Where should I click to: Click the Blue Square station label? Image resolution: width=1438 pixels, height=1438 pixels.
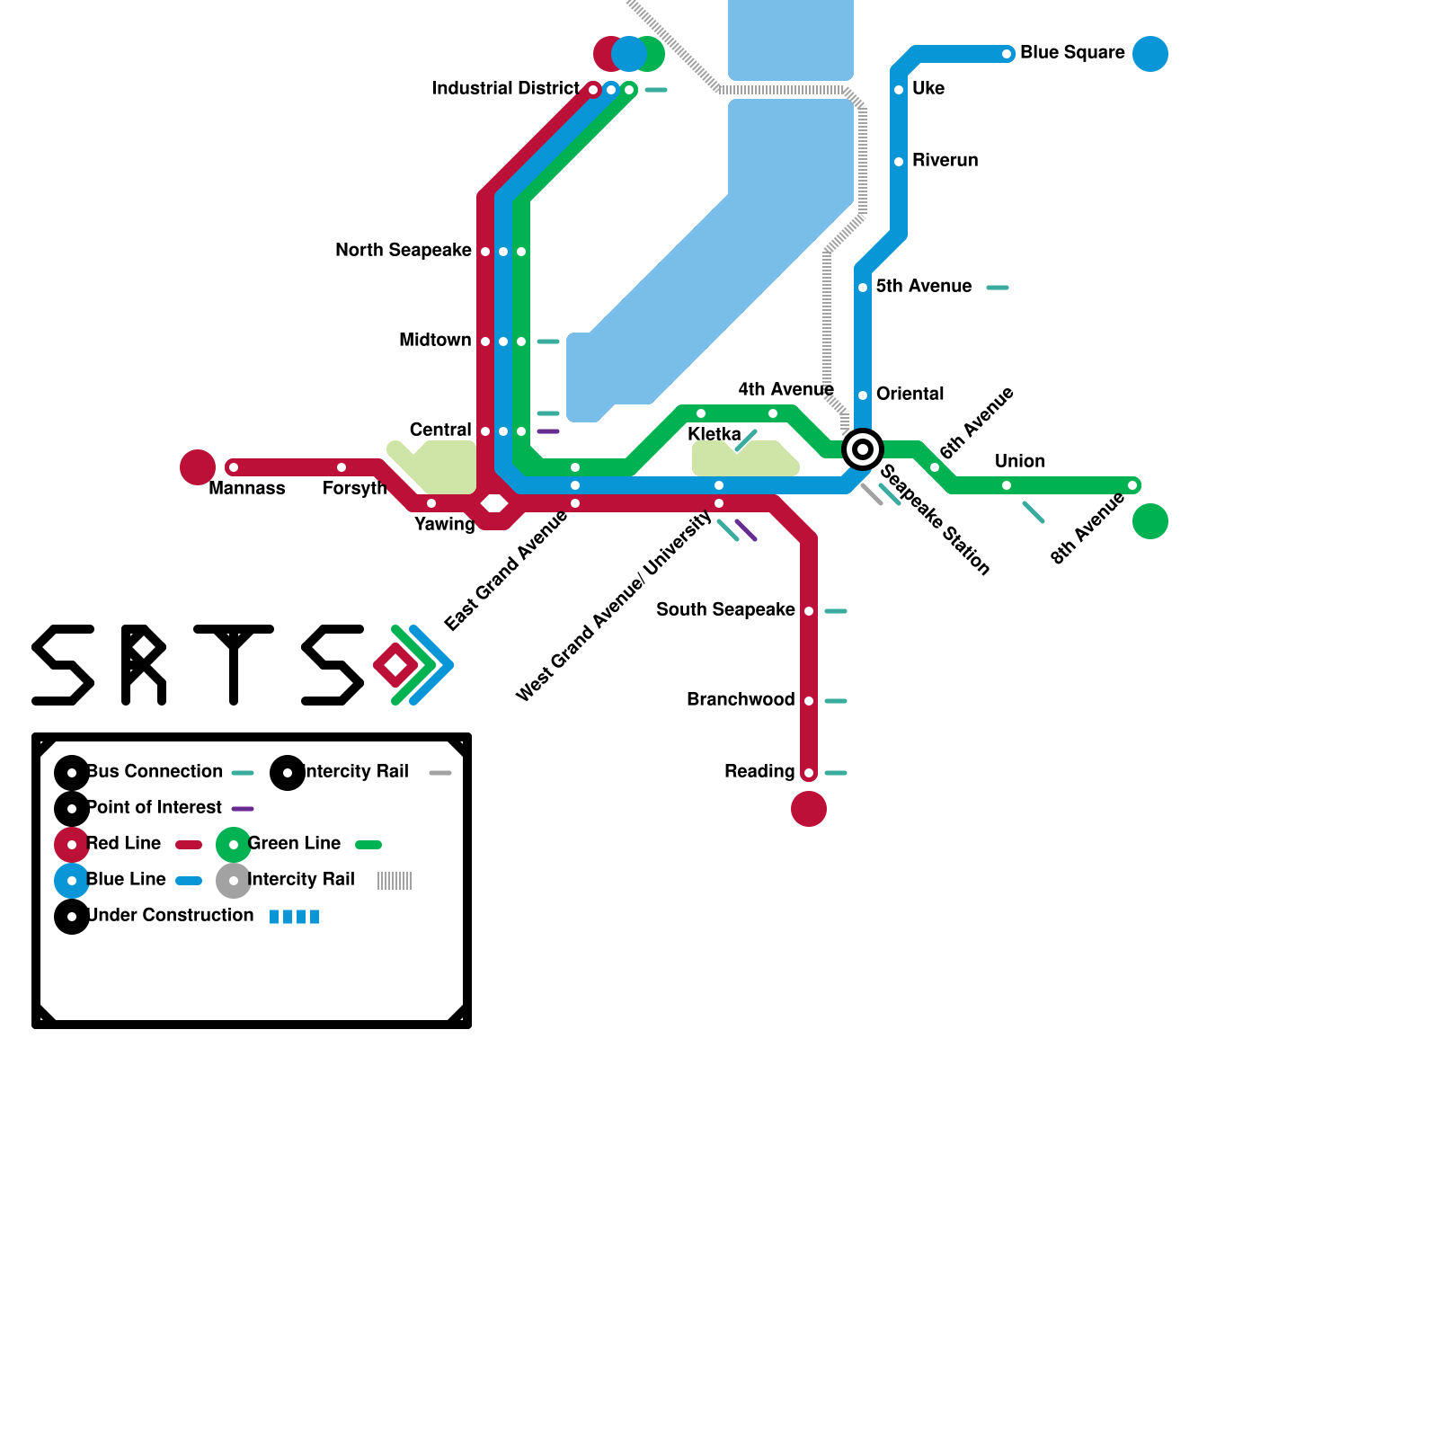pos(1072,53)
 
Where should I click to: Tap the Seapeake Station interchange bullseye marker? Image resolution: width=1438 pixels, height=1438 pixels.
pos(863,449)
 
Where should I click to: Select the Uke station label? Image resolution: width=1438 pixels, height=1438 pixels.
pos(928,89)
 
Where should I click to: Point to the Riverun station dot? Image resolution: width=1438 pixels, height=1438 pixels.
pos(899,162)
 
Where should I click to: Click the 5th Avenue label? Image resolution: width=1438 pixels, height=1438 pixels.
pos(924,287)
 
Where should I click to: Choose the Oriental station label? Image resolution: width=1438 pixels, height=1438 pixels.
pos(910,395)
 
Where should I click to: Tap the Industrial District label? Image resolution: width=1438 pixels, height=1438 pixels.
pos(505,89)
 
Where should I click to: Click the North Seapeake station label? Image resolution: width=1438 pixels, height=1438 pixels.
pos(403,251)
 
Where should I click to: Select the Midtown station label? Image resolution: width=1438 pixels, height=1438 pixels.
pos(435,341)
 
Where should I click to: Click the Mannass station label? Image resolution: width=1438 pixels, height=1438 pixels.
pos(247,489)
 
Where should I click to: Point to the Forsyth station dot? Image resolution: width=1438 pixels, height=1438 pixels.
pos(342,467)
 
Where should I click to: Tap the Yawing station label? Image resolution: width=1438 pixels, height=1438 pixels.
pos(445,525)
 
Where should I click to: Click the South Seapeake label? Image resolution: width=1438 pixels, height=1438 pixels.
pos(725,610)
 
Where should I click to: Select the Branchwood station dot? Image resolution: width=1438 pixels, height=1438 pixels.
pos(809,701)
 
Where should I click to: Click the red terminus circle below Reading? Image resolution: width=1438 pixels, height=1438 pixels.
pos(809,809)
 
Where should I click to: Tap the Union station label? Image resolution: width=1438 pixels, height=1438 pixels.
pos(1020,462)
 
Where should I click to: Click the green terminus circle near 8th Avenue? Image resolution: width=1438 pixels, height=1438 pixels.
pos(1150,521)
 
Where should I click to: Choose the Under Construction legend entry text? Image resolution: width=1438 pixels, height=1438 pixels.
pos(171,916)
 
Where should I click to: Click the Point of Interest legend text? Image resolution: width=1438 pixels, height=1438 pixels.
pos(155,808)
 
